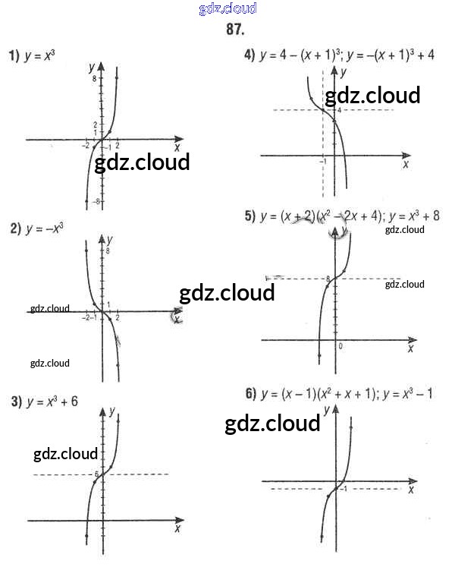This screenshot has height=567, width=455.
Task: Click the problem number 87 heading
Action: (235, 30)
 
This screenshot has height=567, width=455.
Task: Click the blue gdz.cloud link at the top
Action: (227, 8)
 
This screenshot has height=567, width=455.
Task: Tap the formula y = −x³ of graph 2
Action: (44, 228)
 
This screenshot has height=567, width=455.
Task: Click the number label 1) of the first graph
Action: (14, 55)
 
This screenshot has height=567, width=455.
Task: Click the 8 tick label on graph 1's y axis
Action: (95, 78)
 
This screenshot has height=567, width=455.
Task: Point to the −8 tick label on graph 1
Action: (96, 202)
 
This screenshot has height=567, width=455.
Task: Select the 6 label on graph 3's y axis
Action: (96, 474)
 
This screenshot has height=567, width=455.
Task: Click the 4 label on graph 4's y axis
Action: (340, 110)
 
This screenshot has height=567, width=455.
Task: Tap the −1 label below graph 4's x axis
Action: (322, 162)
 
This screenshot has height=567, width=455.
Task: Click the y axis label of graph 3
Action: (111, 411)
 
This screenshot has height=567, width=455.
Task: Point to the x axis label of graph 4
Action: (406, 164)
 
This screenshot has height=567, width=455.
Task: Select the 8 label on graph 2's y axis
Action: (109, 250)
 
